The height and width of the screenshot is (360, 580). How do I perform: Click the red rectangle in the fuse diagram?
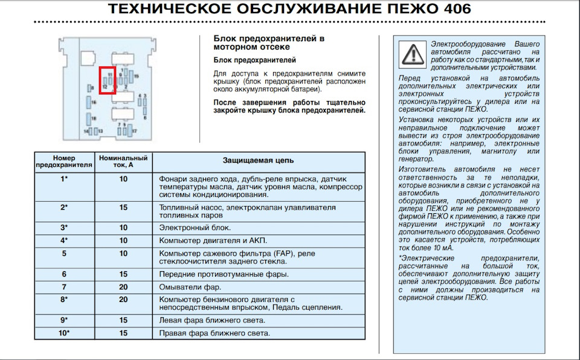(108, 80)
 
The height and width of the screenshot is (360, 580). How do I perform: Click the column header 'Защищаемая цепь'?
(258, 161)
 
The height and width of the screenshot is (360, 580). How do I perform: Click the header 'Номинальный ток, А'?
(123, 160)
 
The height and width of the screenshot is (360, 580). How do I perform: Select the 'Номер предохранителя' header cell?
(64, 160)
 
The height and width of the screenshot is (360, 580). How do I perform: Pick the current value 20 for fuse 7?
(123, 287)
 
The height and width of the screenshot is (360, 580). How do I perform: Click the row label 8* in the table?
(64, 300)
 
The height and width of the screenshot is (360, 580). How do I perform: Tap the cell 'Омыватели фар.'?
(190, 287)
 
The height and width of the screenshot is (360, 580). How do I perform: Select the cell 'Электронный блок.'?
(195, 228)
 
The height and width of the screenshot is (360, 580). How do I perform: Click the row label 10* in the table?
(64, 333)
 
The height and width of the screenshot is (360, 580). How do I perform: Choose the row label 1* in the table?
(64, 179)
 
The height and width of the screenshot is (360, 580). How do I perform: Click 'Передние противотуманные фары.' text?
(224, 274)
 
